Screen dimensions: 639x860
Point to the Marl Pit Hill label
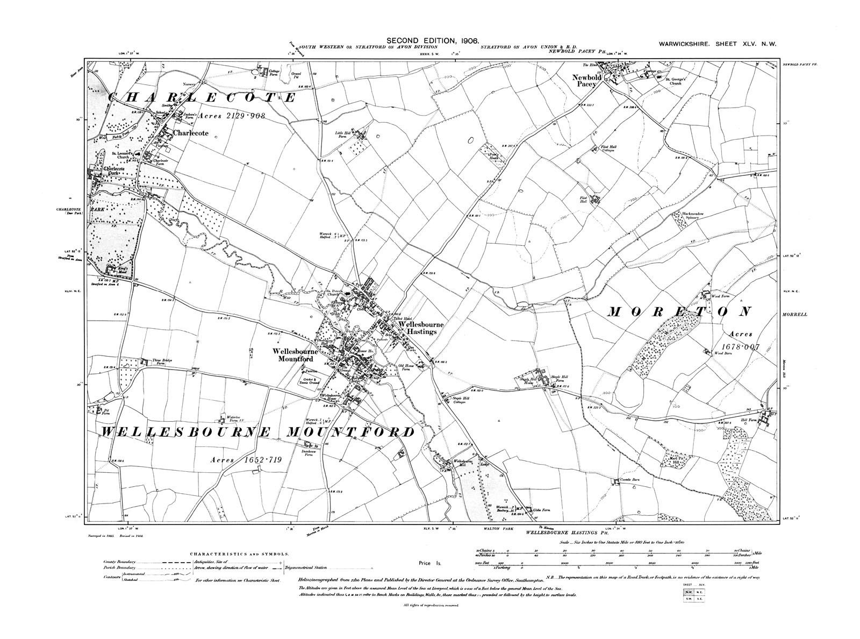click(673, 460)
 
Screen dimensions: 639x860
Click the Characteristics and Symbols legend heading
click(239, 553)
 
